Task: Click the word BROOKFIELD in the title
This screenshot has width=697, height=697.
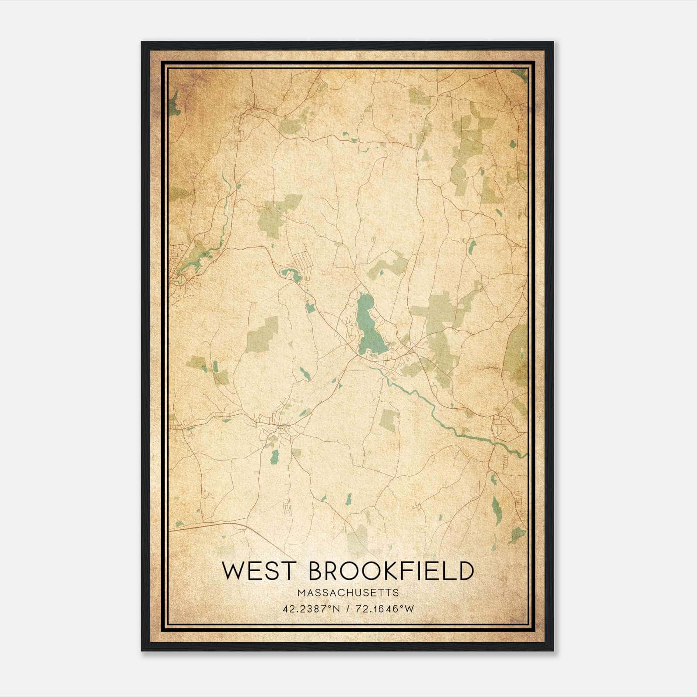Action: (391, 571)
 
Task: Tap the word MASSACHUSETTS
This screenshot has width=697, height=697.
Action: (348, 593)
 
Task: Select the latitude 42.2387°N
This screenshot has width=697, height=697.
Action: (311, 609)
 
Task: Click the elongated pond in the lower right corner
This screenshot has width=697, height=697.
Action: (497, 510)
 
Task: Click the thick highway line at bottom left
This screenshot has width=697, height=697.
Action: (209, 526)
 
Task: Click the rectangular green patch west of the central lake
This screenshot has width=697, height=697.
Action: (263, 335)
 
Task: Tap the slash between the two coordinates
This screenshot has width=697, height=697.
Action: (348, 609)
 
